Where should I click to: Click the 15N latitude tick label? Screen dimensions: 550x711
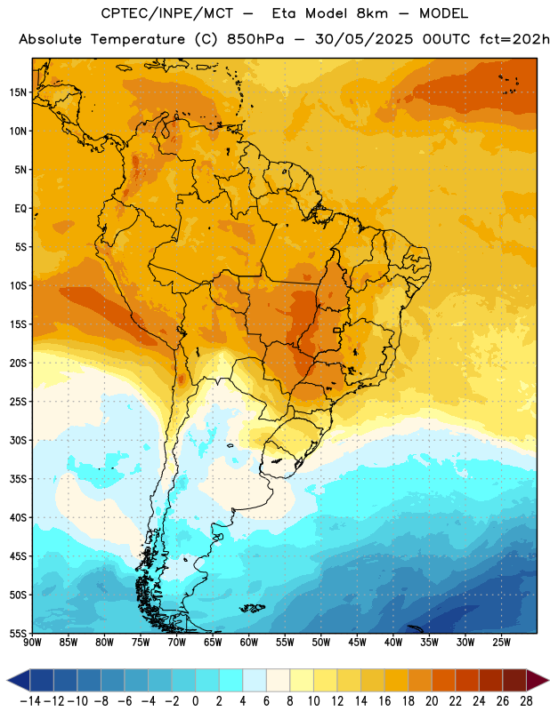click(x=18, y=92)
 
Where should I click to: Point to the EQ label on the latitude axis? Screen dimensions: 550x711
click(x=20, y=209)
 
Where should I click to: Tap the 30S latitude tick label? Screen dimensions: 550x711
click(x=18, y=440)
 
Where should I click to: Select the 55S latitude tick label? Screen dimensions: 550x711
click(x=18, y=633)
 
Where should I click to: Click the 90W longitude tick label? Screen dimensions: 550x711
click(x=32, y=643)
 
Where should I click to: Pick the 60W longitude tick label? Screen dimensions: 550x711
click(x=249, y=643)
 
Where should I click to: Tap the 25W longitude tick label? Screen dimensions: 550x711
click(x=501, y=643)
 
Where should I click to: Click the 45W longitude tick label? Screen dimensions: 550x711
click(x=357, y=643)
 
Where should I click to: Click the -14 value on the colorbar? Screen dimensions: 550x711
click(x=31, y=701)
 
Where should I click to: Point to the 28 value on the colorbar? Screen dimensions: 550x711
click(x=526, y=701)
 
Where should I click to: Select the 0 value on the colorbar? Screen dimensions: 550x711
click(x=195, y=701)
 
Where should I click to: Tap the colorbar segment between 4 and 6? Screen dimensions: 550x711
click(x=255, y=680)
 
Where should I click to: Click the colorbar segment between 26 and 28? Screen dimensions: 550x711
click(x=514, y=680)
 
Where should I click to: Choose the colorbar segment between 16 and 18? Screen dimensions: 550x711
click(x=396, y=680)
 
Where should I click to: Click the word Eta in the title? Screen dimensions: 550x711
click(x=284, y=13)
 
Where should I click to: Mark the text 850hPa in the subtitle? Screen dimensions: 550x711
click(x=255, y=39)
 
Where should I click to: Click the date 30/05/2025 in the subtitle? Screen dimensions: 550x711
click(x=364, y=39)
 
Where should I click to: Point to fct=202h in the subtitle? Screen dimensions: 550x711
click(x=514, y=39)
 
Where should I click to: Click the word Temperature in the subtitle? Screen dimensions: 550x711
click(x=138, y=40)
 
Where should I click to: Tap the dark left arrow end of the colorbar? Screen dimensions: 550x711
click(x=19, y=680)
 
